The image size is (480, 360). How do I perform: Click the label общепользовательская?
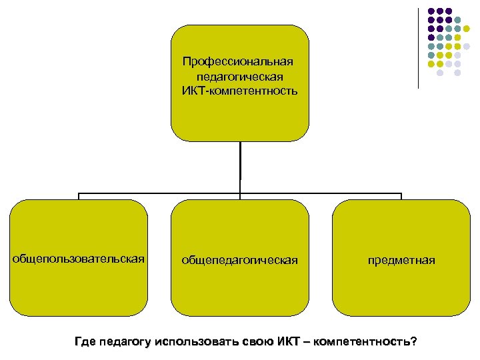79,259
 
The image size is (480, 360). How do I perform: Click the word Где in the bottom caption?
85,343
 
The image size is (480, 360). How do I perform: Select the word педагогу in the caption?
124,343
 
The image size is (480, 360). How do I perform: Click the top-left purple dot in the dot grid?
431,11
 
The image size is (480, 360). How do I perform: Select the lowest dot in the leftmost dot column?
431,65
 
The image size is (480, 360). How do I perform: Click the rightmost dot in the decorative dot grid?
467,47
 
